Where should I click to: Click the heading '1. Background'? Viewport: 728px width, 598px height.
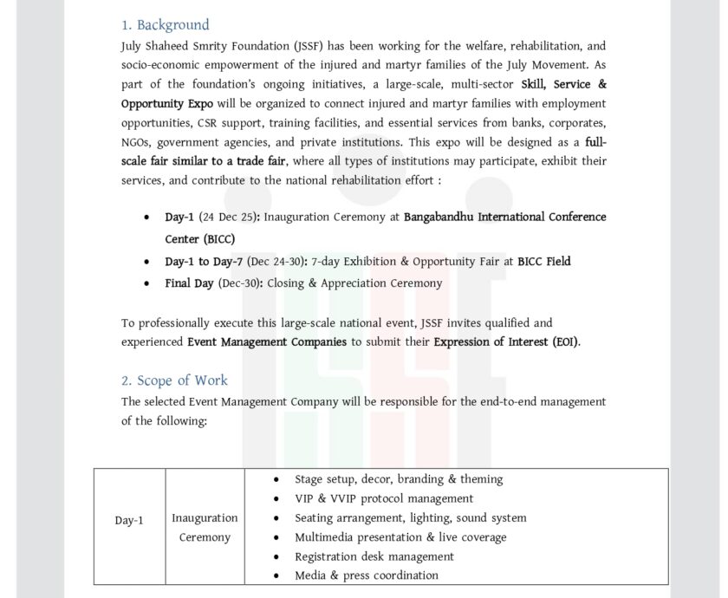(165, 25)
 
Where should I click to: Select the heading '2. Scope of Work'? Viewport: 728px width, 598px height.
(174, 380)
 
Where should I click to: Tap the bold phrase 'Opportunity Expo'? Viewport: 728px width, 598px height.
(167, 103)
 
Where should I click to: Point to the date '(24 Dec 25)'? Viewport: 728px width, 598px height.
(229, 218)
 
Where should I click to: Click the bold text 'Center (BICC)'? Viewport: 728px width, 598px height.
(199, 239)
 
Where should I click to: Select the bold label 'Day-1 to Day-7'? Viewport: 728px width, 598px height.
(204, 261)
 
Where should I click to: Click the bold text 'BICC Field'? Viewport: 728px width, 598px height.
(543, 261)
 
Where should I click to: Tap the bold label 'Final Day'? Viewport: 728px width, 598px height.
(189, 283)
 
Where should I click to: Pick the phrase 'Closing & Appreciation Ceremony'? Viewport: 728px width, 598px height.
(354, 283)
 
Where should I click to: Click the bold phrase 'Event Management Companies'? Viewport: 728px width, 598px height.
(267, 342)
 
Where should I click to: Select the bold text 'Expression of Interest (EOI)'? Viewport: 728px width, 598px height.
(506, 342)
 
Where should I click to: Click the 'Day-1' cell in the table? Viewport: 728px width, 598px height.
(129, 521)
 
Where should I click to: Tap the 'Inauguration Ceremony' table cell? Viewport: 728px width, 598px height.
(205, 528)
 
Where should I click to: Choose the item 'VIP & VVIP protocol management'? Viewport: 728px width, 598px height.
(384, 498)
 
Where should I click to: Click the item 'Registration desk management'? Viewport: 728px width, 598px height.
(374, 556)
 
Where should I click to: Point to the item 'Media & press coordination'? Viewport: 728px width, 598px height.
(366, 575)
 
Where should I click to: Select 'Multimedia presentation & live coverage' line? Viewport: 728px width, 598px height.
(400, 537)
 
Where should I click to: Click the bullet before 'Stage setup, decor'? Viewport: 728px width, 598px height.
(276, 480)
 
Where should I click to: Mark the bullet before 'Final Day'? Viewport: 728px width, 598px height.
(146, 284)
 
